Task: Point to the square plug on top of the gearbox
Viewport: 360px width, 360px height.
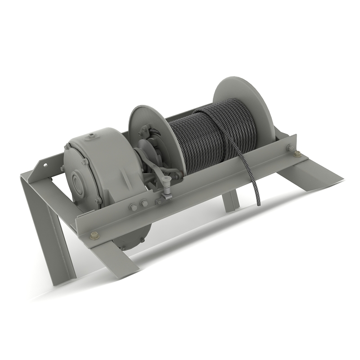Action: point(91,134)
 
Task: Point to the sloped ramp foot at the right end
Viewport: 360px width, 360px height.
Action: point(310,173)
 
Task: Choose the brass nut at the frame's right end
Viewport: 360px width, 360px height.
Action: point(297,154)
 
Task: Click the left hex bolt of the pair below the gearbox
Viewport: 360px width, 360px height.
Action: point(133,207)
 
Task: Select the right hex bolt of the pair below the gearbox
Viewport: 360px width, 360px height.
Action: point(144,203)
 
